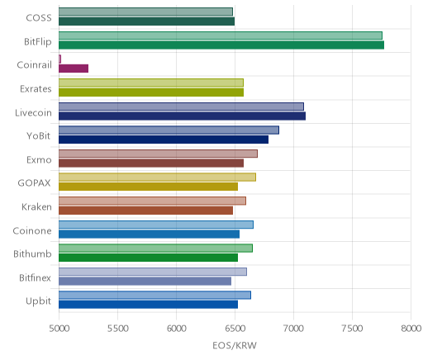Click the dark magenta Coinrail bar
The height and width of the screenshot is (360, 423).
pyautogui.click(x=74, y=69)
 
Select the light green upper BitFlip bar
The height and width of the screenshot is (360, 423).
pyautogui.click(x=221, y=36)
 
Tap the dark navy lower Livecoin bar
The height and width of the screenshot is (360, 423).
pyautogui.click(x=182, y=116)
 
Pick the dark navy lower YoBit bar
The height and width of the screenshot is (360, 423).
pyautogui.click(x=164, y=140)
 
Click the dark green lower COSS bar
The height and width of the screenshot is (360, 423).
pyautogui.click(x=146, y=21)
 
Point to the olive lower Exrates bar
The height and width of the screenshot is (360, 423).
pyautogui.click(x=151, y=92)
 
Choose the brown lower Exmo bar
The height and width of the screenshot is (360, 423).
pyautogui.click(x=151, y=163)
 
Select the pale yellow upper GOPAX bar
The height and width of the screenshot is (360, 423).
pyautogui.click(x=157, y=178)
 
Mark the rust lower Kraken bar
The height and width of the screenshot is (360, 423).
pyautogui.click(x=145, y=211)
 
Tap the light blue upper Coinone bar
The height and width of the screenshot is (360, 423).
pyautogui.click(x=156, y=225)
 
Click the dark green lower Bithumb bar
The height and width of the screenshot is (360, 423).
pyautogui.click(x=148, y=258)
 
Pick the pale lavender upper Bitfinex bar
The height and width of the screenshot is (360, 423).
pyautogui.click(x=153, y=272)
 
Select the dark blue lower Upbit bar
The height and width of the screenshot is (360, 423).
pyautogui.click(x=148, y=305)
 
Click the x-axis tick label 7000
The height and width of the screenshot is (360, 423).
pyautogui.click(x=293, y=329)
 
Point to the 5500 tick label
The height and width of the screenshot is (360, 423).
pyautogui.click(x=117, y=329)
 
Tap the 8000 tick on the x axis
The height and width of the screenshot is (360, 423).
pyautogui.click(x=411, y=329)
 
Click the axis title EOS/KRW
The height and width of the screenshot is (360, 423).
pyautogui.click(x=235, y=345)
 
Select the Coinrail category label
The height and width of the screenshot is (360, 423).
pyautogui.click(x=34, y=65)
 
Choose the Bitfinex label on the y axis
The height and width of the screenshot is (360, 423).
pyautogui.click(x=35, y=277)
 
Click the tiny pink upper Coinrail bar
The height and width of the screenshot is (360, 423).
pyautogui.click(x=59, y=59)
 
